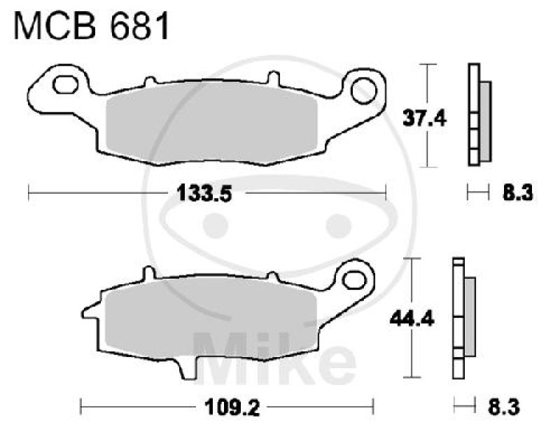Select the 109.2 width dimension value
pos(227,406)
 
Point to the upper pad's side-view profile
pos(477,115)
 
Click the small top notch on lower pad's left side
pos(146,274)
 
